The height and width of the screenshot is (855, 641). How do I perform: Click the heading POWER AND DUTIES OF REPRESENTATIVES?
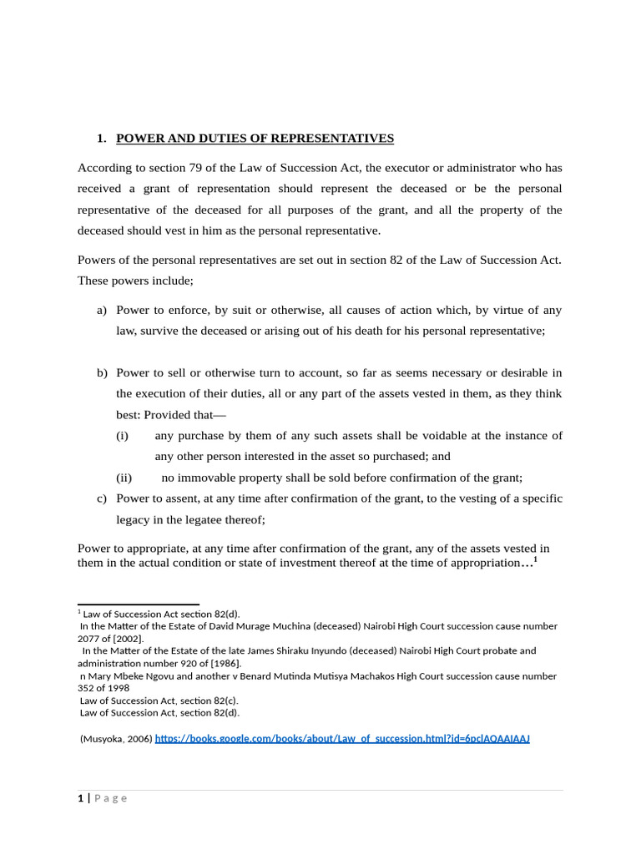point(255,139)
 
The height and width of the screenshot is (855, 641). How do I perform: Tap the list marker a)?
point(102,310)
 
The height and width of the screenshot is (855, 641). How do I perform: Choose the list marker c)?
point(102,498)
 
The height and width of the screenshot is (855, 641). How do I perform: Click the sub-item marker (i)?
point(123,436)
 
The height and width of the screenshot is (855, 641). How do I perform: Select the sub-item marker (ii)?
point(124,478)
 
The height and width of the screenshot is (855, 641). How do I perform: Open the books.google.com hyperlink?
point(342,739)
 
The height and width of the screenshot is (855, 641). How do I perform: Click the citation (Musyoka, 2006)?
point(116,739)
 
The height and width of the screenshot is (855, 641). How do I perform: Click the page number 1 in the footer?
point(81,798)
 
